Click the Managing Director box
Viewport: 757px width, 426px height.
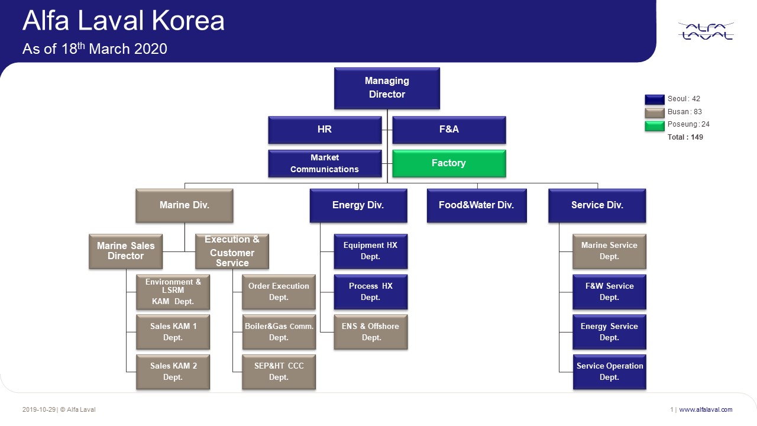tap(387, 88)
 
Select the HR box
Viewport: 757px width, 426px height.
tap(325, 130)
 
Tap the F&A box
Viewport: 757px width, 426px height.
tap(449, 130)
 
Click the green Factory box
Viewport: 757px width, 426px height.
tap(449, 163)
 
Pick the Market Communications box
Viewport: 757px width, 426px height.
tap(325, 163)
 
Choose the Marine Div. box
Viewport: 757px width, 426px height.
tap(185, 205)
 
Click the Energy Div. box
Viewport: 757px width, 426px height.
tap(358, 205)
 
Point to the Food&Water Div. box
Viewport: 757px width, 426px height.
tap(476, 205)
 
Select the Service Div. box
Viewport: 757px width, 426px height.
tap(597, 205)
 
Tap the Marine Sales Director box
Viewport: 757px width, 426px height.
tap(125, 251)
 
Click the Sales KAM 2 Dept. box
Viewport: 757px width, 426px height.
tap(173, 372)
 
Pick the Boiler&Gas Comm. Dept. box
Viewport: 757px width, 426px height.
tap(279, 331)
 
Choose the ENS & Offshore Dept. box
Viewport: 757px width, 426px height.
tap(371, 331)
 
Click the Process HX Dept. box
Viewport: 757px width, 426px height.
tap(371, 292)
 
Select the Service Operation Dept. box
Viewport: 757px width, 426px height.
tap(609, 372)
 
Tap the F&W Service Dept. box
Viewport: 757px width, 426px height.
tap(609, 292)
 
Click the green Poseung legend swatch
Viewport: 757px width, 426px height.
tap(655, 125)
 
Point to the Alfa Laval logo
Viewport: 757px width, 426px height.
tap(706, 31)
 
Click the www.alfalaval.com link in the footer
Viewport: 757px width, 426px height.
tap(706, 409)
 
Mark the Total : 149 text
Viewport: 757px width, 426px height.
tap(685, 137)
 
